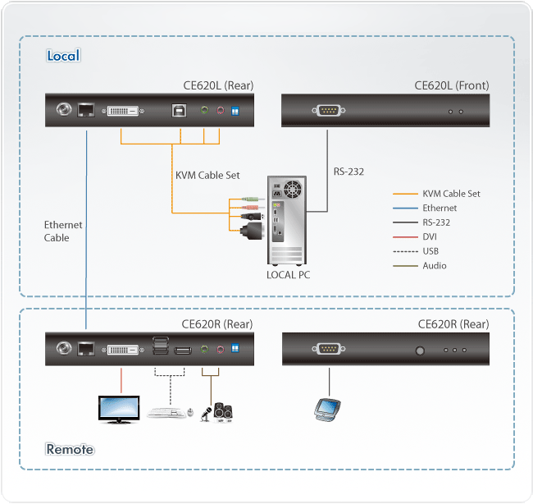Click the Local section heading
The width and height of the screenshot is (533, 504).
point(63,56)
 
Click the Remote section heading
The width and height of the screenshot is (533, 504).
point(70,449)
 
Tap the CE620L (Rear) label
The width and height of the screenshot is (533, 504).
point(217,85)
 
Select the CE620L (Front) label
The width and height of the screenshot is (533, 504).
point(452,85)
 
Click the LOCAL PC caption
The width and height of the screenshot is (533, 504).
point(288,275)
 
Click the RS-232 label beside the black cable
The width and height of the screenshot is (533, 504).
point(348,172)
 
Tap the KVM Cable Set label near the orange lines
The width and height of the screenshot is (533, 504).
point(208,175)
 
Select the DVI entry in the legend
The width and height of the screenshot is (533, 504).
point(430,236)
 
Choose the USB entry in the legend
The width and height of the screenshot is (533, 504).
point(431,251)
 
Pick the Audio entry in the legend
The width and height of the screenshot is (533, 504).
point(435,265)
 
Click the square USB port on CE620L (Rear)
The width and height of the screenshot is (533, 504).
point(178,111)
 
